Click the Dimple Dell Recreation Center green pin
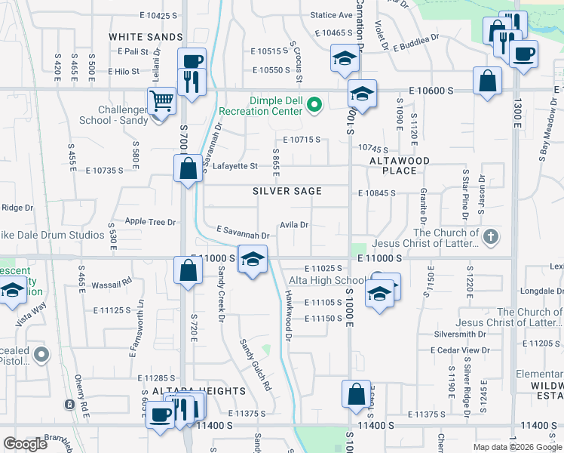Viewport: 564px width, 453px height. click(x=315, y=104)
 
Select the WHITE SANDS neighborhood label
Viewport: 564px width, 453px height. click(x=146, y=37)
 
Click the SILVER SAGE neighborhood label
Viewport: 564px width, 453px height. click(x=287, y=192)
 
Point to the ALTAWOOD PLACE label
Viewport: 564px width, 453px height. click(x=399, y=166)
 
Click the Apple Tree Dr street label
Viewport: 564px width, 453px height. click(x=150, y=222)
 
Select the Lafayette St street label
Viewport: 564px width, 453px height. click(x=234, y=166)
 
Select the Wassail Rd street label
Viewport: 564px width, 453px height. click(x=111, y=283)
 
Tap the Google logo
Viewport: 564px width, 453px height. click(x=25, y=444)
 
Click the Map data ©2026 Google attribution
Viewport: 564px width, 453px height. click(x=517, y=447)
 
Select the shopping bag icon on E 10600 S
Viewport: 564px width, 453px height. click(x=488, y=80)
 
